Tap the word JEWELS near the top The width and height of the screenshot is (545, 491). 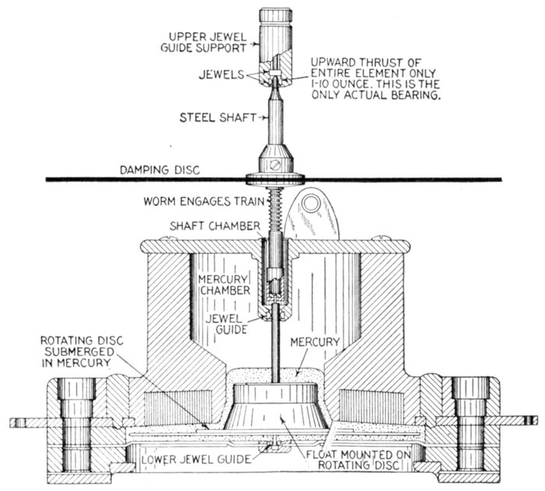216,75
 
